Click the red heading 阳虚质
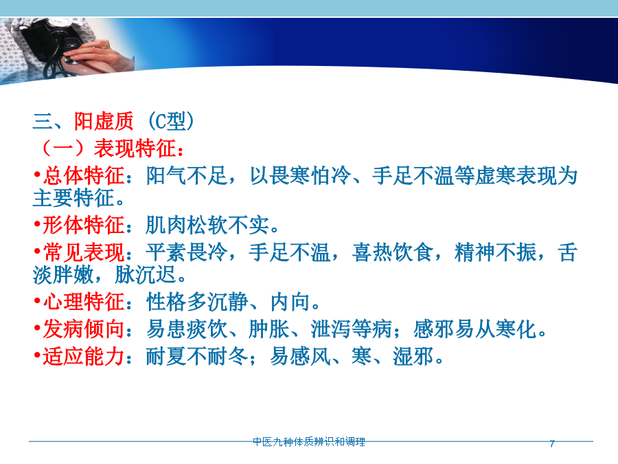(x=104, y=121)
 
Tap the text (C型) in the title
(x=171, y=121)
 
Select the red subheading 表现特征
(x=135, y=148)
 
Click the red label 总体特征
(x=84, y=175)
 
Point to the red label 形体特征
(x=84, y=225)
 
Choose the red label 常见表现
(x=84, y=252)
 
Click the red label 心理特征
(x=84, y=302)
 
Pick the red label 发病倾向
(x=84, y=329)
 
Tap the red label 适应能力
(x=84, y=356)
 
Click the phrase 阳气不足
(x=187, y=175)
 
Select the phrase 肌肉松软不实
(x=207, y=225)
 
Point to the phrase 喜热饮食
(x=393, y=252)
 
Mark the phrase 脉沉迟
(x=146, y=274)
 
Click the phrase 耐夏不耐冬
(x=197, y=356)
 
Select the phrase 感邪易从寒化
(x=475, y=329)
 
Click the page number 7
(x=552, y=444)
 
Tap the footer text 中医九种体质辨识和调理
(x=309, y=442)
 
